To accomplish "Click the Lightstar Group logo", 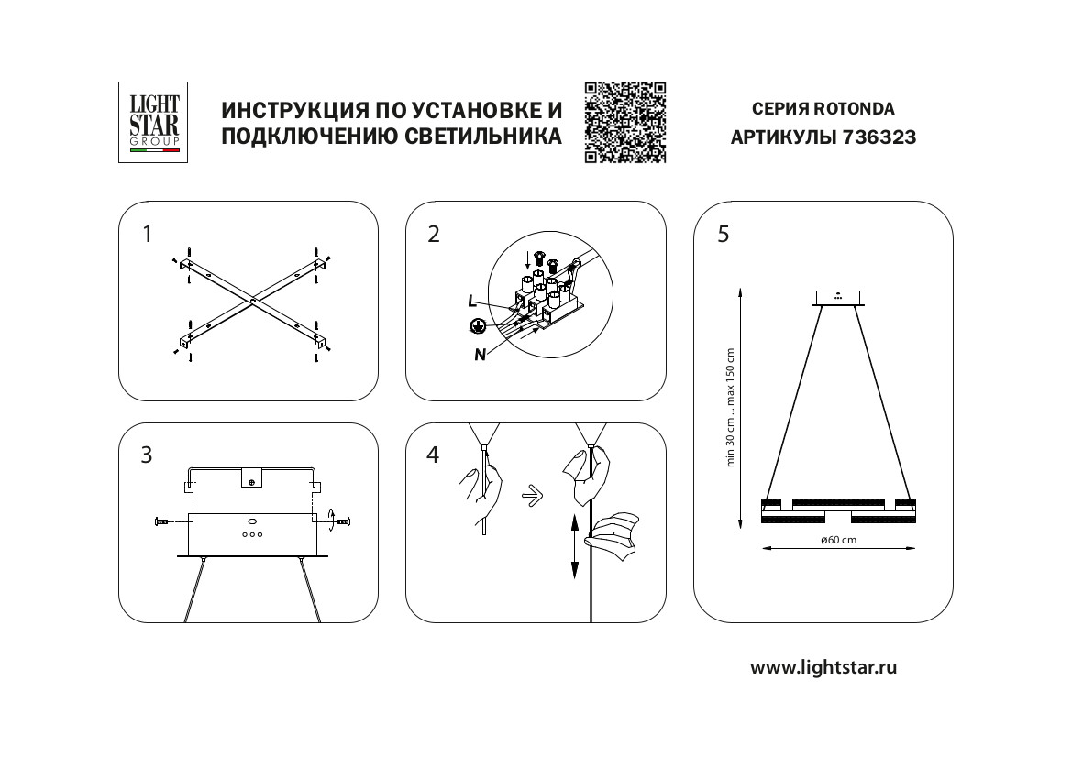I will click(x=153, y=122).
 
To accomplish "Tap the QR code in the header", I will click(x=624, y=122).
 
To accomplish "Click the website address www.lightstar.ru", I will click(x=823, y=667).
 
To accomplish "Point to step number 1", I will click(x=147, y=235).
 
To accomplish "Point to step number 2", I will click(x=434, y=235).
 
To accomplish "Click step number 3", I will click(x=147, y=455).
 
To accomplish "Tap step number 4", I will click(x=434, y=455).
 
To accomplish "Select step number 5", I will click(x=724, y=235).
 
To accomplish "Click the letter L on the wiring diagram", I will click(x=471, y=301).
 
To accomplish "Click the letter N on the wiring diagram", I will click(x=480, y=356).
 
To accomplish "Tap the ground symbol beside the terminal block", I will click(x=477, y=325).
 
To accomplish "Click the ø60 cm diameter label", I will click(x=838, y=540).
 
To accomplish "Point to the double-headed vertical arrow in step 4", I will click(x=574, y=546).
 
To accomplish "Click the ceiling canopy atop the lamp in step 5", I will click(x=839, y=297).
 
